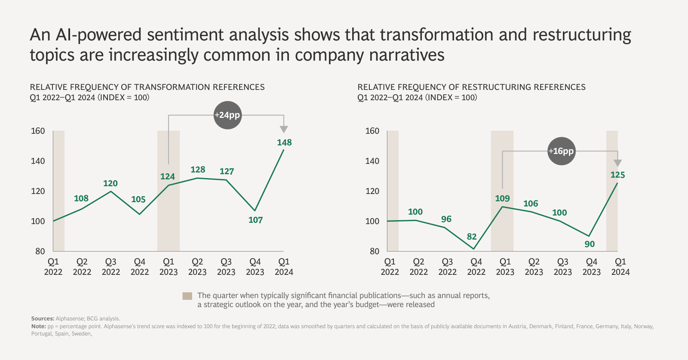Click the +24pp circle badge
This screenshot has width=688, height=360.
227,115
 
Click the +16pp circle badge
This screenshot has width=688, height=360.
561,151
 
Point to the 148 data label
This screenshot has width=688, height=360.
284,142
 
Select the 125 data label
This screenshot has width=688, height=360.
617,175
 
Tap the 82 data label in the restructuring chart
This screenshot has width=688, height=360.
472,237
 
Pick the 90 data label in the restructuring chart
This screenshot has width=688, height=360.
590,244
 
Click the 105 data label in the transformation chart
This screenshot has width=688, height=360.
138,200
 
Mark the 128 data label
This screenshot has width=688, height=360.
198,170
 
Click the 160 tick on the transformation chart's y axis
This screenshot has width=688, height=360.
38,131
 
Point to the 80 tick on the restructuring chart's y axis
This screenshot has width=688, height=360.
375,251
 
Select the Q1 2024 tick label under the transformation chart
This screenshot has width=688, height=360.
284,267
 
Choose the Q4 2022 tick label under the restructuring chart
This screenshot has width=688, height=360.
476,267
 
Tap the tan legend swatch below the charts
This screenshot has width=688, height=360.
187,296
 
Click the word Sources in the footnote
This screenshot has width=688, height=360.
42,319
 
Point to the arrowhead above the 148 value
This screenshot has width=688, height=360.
283,129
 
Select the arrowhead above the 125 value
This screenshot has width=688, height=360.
617,163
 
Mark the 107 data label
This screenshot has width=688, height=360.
255,220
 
